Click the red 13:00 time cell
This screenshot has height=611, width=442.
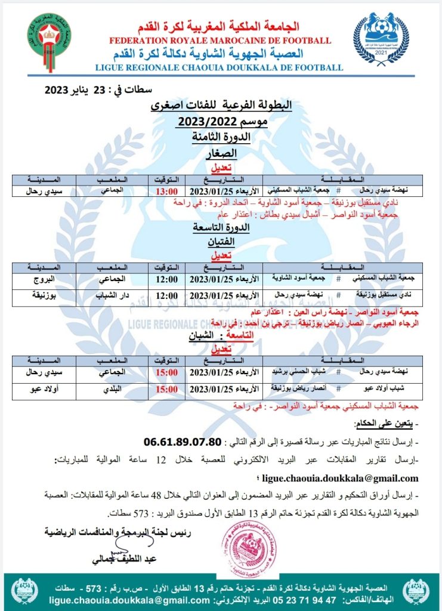pyautogui.click(x=166, y=192)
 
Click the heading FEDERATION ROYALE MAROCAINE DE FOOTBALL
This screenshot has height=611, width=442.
pyautogui.click(x=220, y=41)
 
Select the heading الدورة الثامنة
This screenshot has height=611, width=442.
pyautogui.click(x=220, y=137)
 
